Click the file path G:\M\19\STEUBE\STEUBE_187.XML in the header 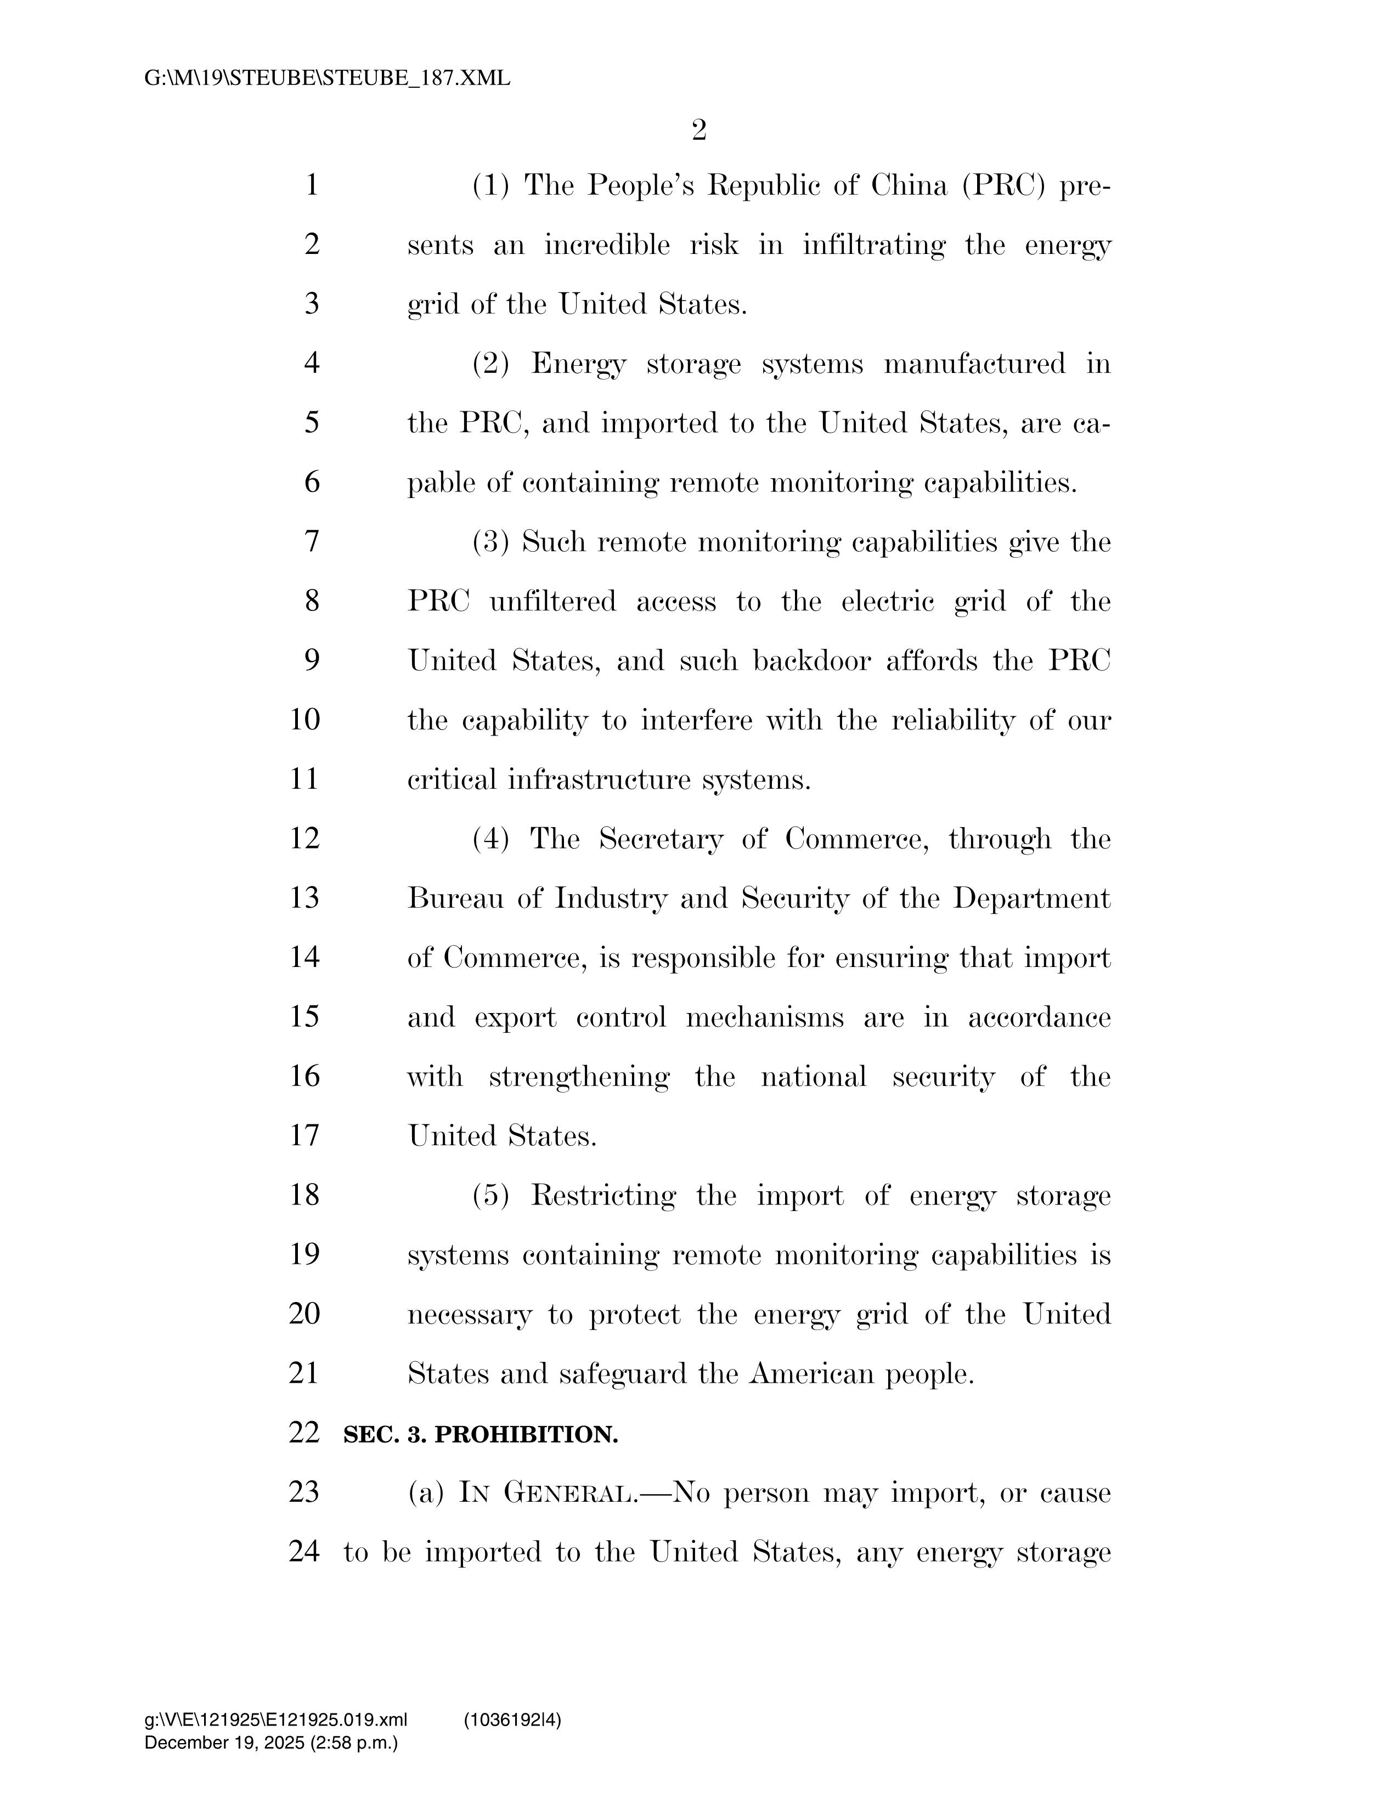(328, 79)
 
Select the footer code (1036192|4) (512, 1721)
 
